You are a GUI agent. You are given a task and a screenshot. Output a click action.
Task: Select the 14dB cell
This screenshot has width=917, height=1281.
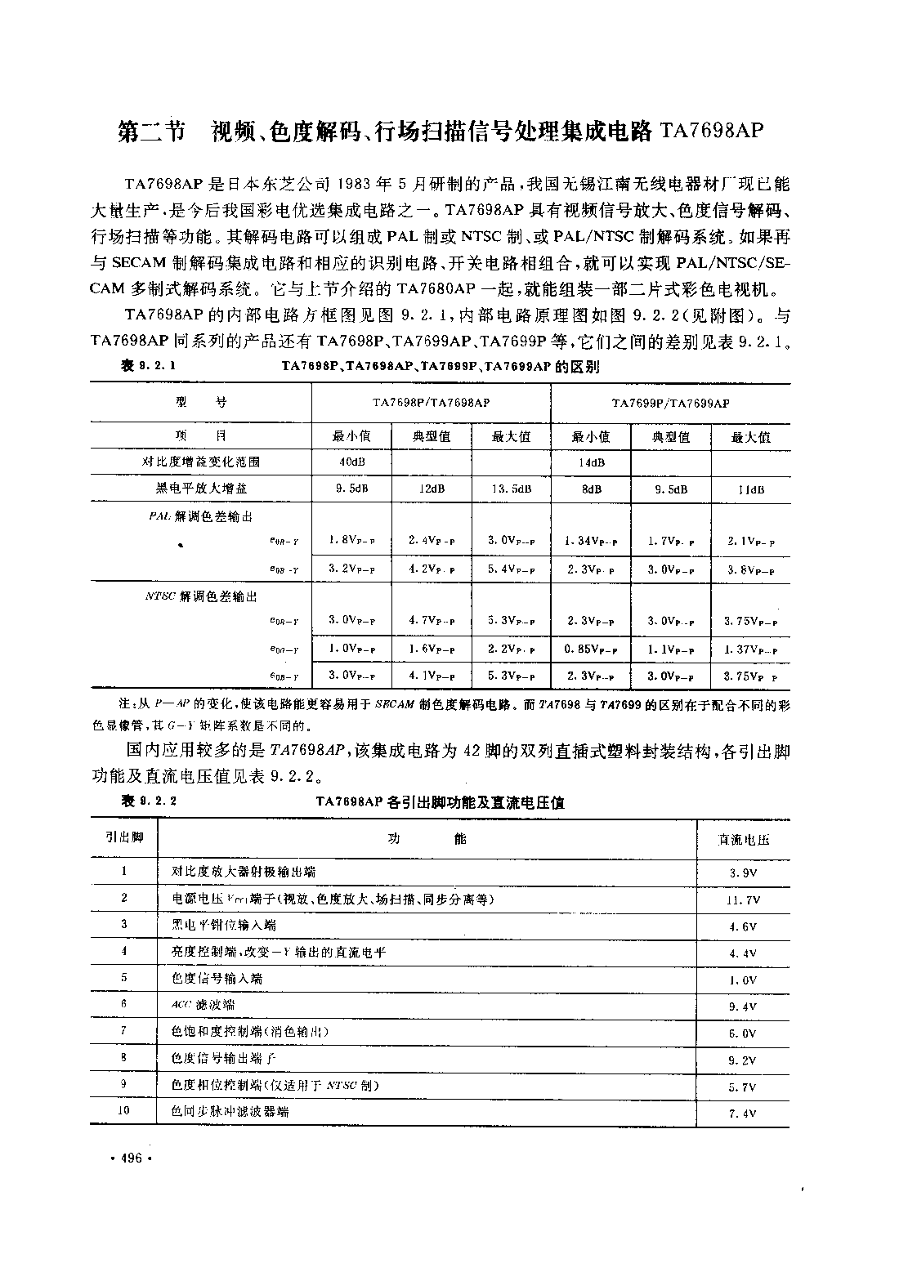[591, 462]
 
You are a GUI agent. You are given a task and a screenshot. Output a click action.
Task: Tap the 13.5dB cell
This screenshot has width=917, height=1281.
[512, 489]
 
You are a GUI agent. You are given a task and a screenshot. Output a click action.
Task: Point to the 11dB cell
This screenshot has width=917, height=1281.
[750, 490]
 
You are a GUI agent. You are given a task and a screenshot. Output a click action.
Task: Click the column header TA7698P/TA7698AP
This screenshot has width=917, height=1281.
[431, 403]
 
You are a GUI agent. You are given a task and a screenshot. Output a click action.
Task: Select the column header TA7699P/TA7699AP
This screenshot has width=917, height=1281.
[670, 403]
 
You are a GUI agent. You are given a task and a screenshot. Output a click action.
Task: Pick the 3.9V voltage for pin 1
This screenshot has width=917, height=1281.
[743, 873]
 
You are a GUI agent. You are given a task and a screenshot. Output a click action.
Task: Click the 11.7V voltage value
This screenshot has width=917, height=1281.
[744, 899]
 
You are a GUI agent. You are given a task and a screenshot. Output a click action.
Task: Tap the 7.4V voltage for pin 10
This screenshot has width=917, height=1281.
[743, 1114]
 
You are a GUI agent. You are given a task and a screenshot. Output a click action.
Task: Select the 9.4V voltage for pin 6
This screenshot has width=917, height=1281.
[743, 1006]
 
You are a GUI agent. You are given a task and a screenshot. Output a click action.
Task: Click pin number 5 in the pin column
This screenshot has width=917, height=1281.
[123, 977]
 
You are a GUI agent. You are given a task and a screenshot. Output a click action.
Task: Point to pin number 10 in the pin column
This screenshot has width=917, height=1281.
[123, 1111]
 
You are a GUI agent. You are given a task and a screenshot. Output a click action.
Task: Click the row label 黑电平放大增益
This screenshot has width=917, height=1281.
[201, 489]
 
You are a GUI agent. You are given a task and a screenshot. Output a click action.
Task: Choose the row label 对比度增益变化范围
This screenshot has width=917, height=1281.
[201, 462]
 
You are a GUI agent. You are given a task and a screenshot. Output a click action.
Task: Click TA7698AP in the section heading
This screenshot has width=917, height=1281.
[709, 132]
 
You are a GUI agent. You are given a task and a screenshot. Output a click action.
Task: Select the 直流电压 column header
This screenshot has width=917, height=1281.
[743, 839]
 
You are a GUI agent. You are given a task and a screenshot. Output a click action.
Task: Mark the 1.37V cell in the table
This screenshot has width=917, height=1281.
[750, 650]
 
